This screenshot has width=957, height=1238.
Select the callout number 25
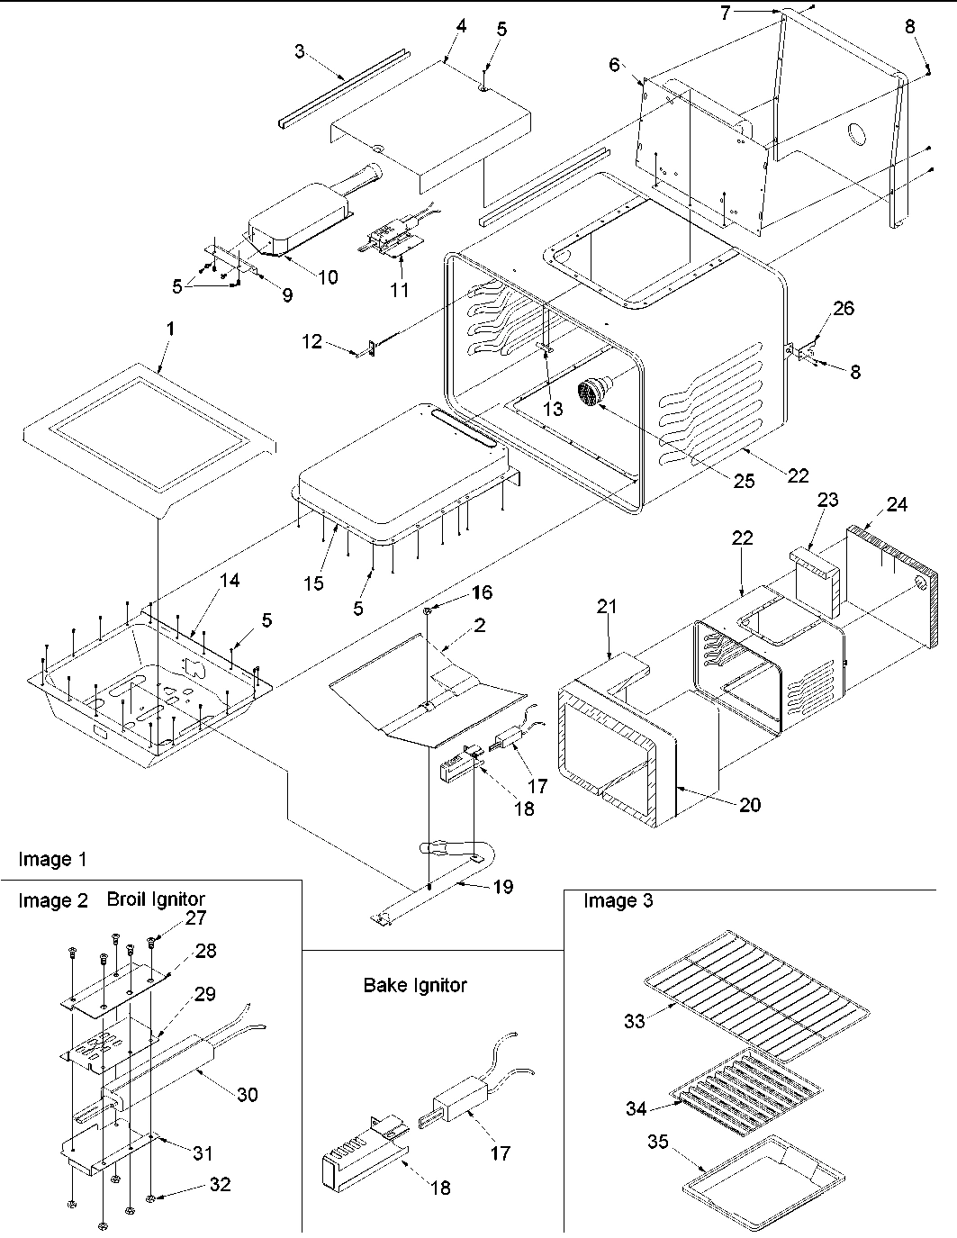click(743, 481)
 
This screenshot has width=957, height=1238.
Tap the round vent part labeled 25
click(595, 393)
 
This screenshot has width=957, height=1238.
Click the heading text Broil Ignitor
click(156, 899)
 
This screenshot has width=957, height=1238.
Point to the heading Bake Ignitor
click(415, 985)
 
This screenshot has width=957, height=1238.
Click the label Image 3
click(618, 900)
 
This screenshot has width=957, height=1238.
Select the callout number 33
click(635, 1022)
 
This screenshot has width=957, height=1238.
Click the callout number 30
click(247, 1094)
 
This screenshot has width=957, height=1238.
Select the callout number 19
click(503, 887)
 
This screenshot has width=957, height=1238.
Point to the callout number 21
click(607, 607)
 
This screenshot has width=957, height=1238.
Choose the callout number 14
click(230, 581)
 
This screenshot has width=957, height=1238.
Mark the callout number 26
click(844, 309)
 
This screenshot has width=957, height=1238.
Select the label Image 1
click(53, 860)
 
